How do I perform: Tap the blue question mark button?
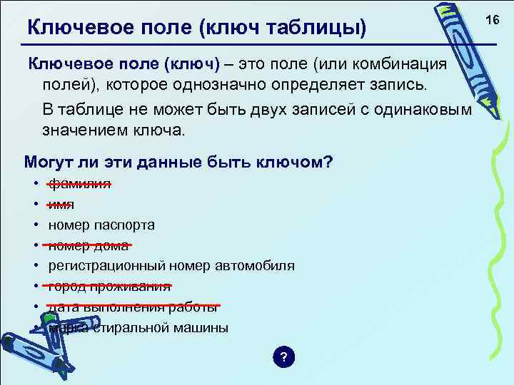[283, 357]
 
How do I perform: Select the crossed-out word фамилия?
[79, 183]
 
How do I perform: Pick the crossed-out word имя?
[61, 204]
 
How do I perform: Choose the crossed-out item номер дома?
[88, 245]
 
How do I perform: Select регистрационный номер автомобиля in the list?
[171, 266]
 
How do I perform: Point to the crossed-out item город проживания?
[109, 287]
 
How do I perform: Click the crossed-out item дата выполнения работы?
[133, 307]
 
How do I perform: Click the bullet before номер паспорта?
[35, 225]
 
